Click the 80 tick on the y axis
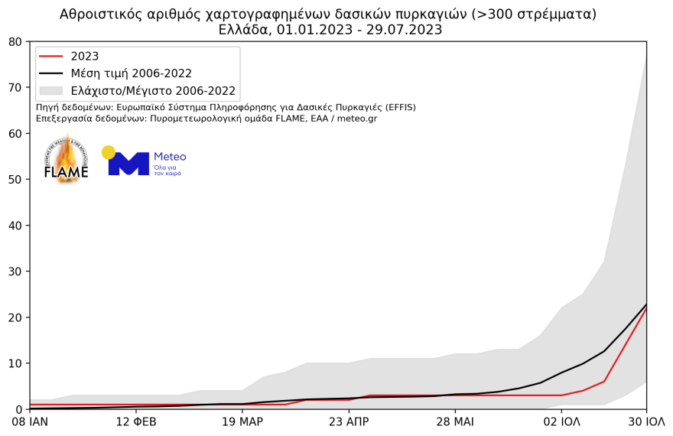(x=15, y=42)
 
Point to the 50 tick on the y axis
(x=15, y=180)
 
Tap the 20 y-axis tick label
(x=15, y=317)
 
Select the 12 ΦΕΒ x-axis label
(x=135, y=421)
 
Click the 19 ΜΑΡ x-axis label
(x=242, y=421)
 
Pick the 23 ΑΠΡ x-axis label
(x=349, y=421)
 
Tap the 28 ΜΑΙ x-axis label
(x=455, y=421)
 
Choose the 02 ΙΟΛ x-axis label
(x=561, y=421)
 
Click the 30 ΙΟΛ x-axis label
(x=646, y=421)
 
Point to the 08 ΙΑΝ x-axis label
(x=29, y=421)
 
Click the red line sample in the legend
(x=52, y=57)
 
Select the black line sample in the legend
(x=52, y=74)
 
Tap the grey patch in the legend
(x=52, y=91)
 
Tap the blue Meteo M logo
(x=128, y=164)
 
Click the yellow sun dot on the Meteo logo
(x=109, y=152)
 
